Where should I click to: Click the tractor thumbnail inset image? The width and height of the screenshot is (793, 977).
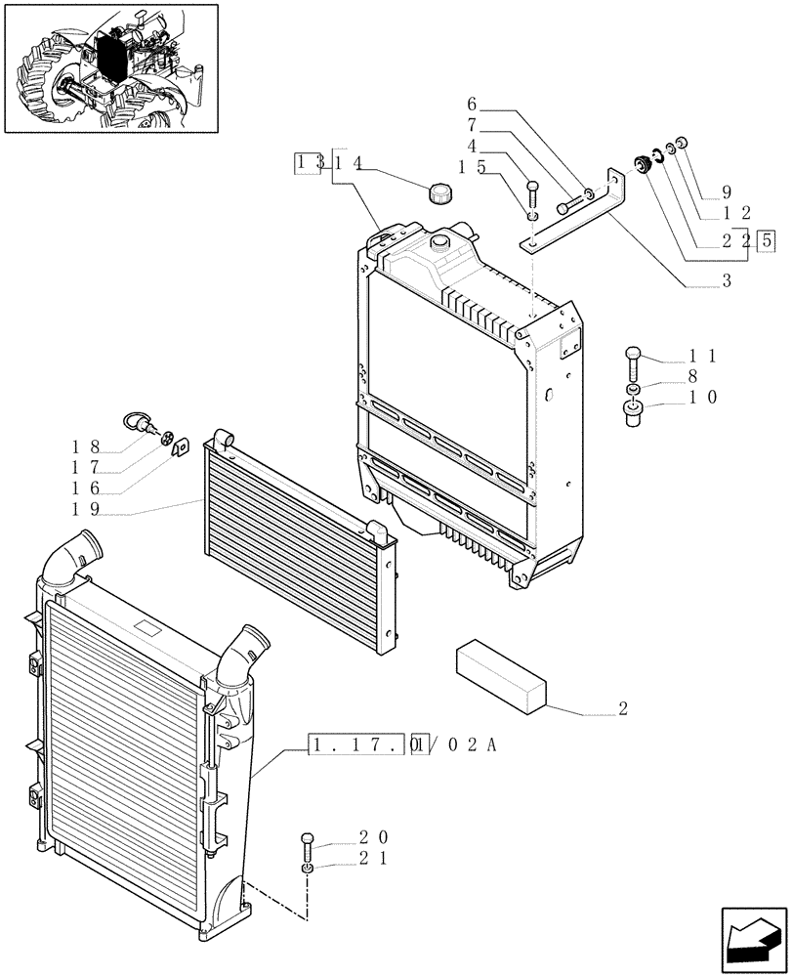point(110,67)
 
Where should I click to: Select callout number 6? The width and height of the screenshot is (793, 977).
point(472,105)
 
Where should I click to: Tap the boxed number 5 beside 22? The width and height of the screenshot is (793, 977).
point(767,239)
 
